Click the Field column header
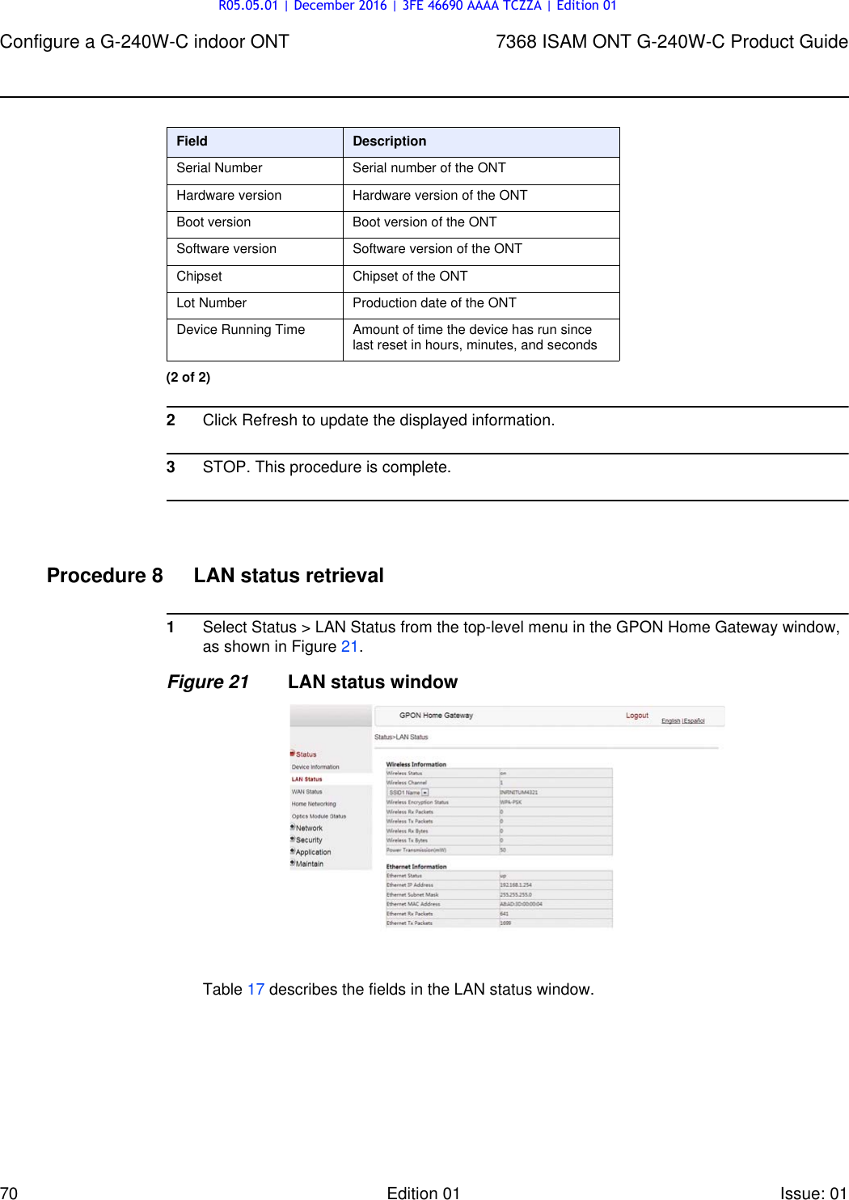pos(192,142)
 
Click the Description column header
pos(389,142)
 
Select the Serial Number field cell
pos(219,168)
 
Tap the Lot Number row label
pos(211,303)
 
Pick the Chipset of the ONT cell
pos(410,277)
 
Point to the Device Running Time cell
pos(241,330)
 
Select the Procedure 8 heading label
pos(104,576)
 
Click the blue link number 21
pos(349,647)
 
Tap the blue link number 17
pos(256,990)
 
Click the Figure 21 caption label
pos(208,682)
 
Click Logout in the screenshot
pos(637,716)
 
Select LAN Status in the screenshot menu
pos(306,780)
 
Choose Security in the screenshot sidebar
pos(309,840)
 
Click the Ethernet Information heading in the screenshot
pos(416,867)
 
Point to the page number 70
pos(9,1193)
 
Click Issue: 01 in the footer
pos(813,1193)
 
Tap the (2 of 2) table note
pos(188,378)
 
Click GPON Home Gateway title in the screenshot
pos(436,716)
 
